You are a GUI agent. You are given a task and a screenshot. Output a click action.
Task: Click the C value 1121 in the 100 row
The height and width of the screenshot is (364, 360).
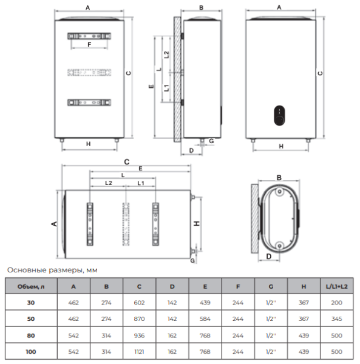(x=139, y=351)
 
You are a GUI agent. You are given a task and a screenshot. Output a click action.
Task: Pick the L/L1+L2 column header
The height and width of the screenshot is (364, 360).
(x=337, y=285)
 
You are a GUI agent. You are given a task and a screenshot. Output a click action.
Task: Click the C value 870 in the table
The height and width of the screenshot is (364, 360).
(x=139, y=317)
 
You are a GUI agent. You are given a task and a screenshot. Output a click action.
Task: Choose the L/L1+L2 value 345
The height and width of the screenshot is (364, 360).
(x=337, y=317)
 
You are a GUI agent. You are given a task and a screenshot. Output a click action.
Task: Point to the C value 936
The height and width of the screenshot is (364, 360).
(x=139, y=334)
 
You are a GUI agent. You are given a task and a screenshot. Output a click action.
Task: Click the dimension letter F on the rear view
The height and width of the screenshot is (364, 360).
(x=89, y=45)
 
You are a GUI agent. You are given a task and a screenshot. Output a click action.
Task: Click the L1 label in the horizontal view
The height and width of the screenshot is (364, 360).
(x=140, y=183)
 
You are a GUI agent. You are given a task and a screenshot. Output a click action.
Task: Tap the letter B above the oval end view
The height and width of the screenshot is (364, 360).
(x=279, y=178)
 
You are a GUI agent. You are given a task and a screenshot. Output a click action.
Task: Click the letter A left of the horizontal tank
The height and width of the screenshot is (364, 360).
(x=54, y=224)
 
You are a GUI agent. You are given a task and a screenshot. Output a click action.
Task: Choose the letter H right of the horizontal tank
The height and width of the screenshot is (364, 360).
(x=197, y=223)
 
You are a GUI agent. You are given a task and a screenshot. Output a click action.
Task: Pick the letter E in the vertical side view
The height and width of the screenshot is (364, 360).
(x=151, y=87)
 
